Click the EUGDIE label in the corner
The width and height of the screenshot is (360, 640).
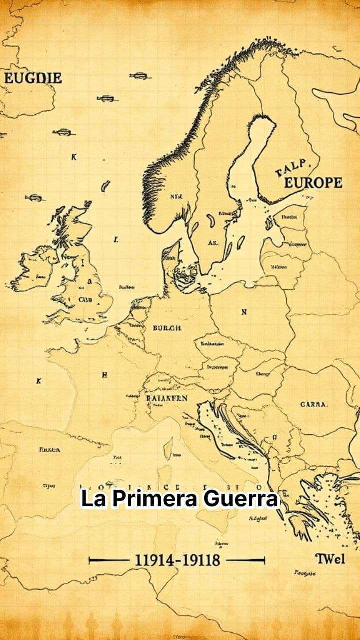click(33, 78)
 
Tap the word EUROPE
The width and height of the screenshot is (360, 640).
click(313, 183)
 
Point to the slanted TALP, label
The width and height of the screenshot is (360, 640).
click(294, 168)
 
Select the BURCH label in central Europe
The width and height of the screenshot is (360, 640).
click(167, 328)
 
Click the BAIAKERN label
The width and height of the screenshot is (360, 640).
click(167, 398)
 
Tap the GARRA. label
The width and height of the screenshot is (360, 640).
click(314, 404)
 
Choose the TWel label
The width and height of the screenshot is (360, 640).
click(330, 558)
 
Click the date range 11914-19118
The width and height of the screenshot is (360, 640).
click(177, 560)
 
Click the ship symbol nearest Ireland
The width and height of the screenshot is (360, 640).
click(34, 198)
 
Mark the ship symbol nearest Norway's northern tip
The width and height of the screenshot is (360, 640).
click(140, 76)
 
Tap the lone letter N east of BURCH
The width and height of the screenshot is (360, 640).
click(244, 312)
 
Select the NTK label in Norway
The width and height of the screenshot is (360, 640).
click(176, 197)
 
